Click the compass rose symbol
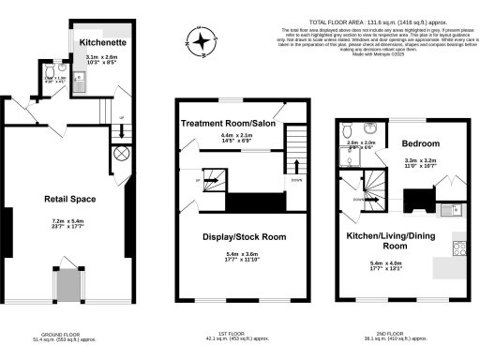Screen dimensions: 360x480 (200, 38)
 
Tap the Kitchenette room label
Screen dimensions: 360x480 (102, 42)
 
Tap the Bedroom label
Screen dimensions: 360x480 (421, 143)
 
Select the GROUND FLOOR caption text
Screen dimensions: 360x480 (64, 333)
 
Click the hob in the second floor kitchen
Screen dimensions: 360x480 (460, 247)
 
